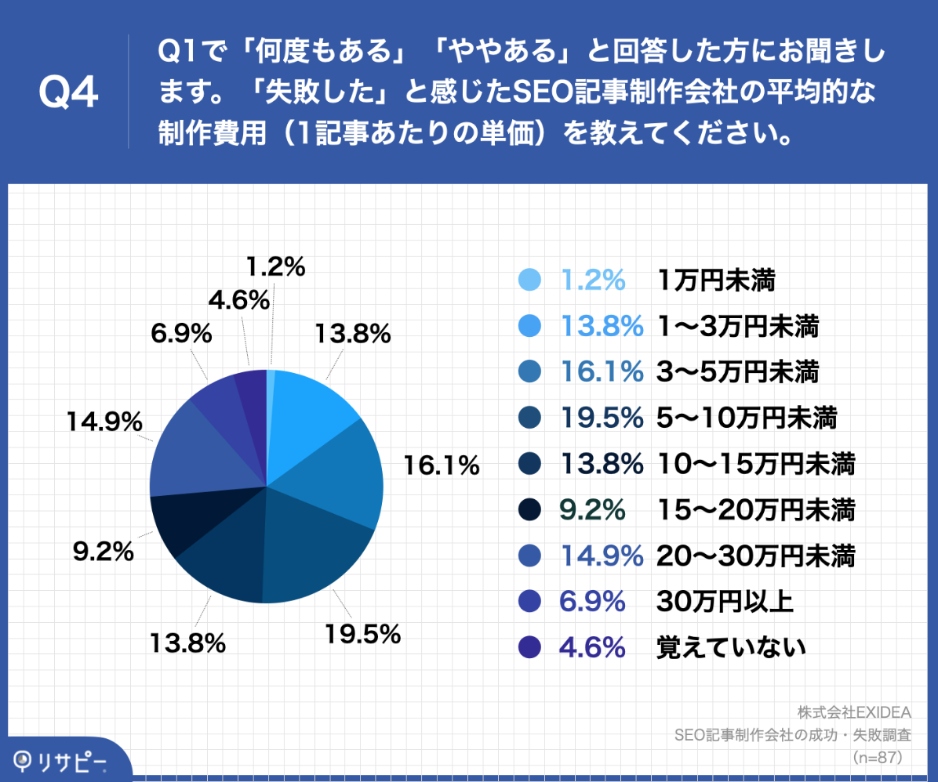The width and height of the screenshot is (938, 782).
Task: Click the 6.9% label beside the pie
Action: tap(181, 334)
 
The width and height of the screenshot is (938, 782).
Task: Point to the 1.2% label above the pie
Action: tap(274, 267)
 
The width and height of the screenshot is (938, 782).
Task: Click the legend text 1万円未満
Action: tap(716, 280)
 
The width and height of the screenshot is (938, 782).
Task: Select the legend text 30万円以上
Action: tap(725, 601)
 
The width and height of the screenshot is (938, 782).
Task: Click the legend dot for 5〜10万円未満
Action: tap(530, 418)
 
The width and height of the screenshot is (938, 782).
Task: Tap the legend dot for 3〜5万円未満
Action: tap(530, 372)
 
